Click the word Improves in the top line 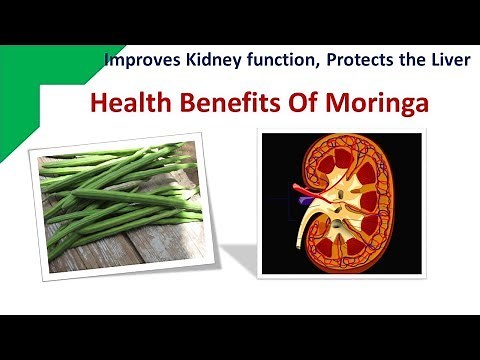click(140, 60)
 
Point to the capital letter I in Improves click(108, 60)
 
